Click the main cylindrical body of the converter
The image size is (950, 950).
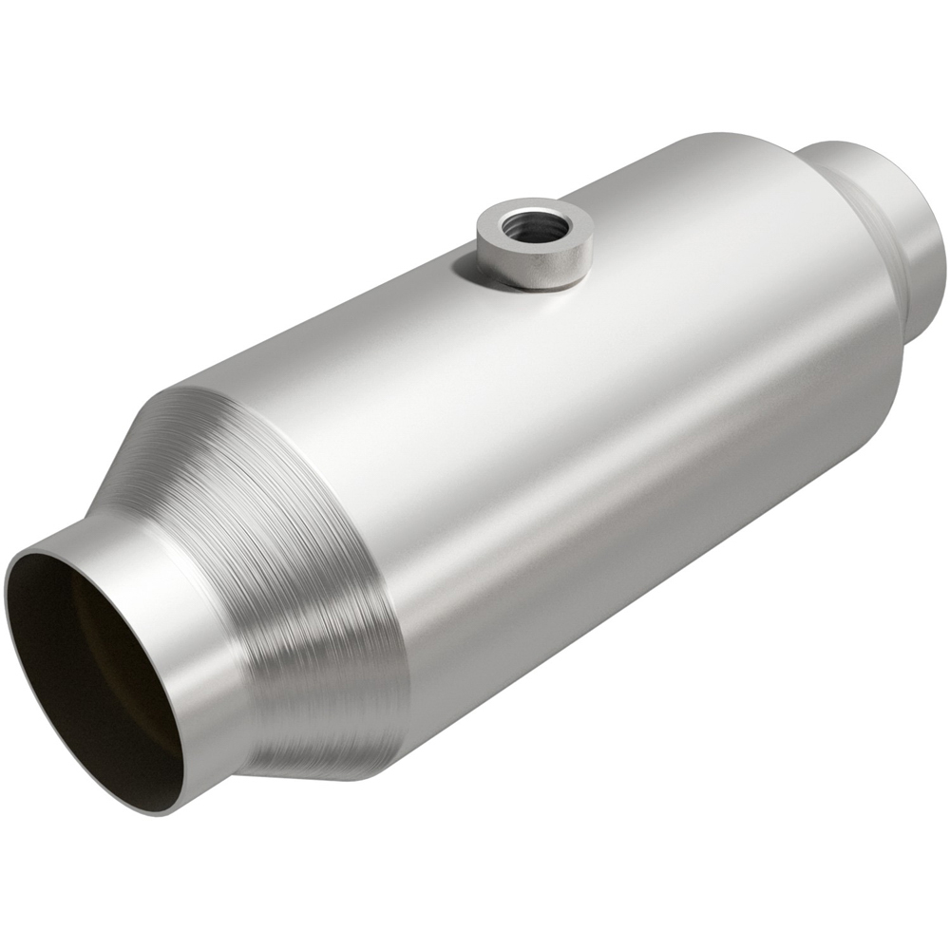point(617,427)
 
